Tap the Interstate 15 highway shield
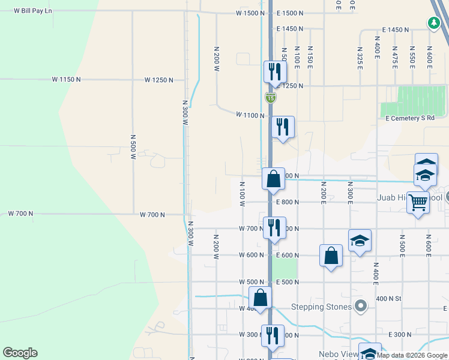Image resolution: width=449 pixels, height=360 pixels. [x=271, y=97]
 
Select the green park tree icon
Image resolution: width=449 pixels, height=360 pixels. [x=433, y=23]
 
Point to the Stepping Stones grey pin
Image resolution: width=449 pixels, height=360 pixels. [x=360, y=307]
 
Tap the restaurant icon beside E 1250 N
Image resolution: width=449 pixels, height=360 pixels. [x=275, y=72]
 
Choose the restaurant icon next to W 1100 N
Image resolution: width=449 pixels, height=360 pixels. [x=282, y=127]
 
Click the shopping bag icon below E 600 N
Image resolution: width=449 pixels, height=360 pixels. [x=331, y=256]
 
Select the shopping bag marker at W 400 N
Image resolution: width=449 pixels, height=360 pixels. [x=261, y=298]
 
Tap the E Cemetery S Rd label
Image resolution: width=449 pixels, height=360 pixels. [x=411, y=118]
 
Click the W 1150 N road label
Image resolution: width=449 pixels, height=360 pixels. [x=66, y=79]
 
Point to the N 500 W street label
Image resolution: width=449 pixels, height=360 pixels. [x=133, y=146]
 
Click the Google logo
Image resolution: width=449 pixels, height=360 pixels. [x=20, y=353]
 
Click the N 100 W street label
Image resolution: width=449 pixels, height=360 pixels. [x=242, y=194]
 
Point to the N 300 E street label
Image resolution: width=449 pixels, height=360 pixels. [x=350, y=193]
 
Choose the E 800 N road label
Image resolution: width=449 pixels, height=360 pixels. [x=288, y=202]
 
